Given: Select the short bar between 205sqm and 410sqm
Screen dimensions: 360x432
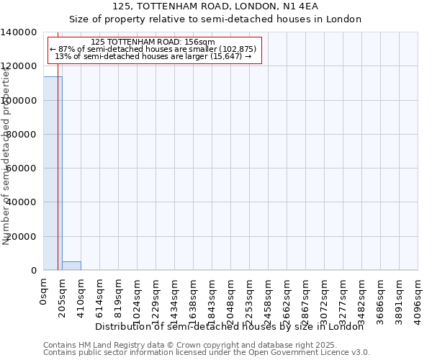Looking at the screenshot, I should point(71,266).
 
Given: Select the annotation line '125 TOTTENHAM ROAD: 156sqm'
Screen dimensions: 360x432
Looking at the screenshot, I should point(153,42).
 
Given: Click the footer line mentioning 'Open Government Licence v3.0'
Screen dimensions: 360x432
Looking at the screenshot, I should point(207,353).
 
